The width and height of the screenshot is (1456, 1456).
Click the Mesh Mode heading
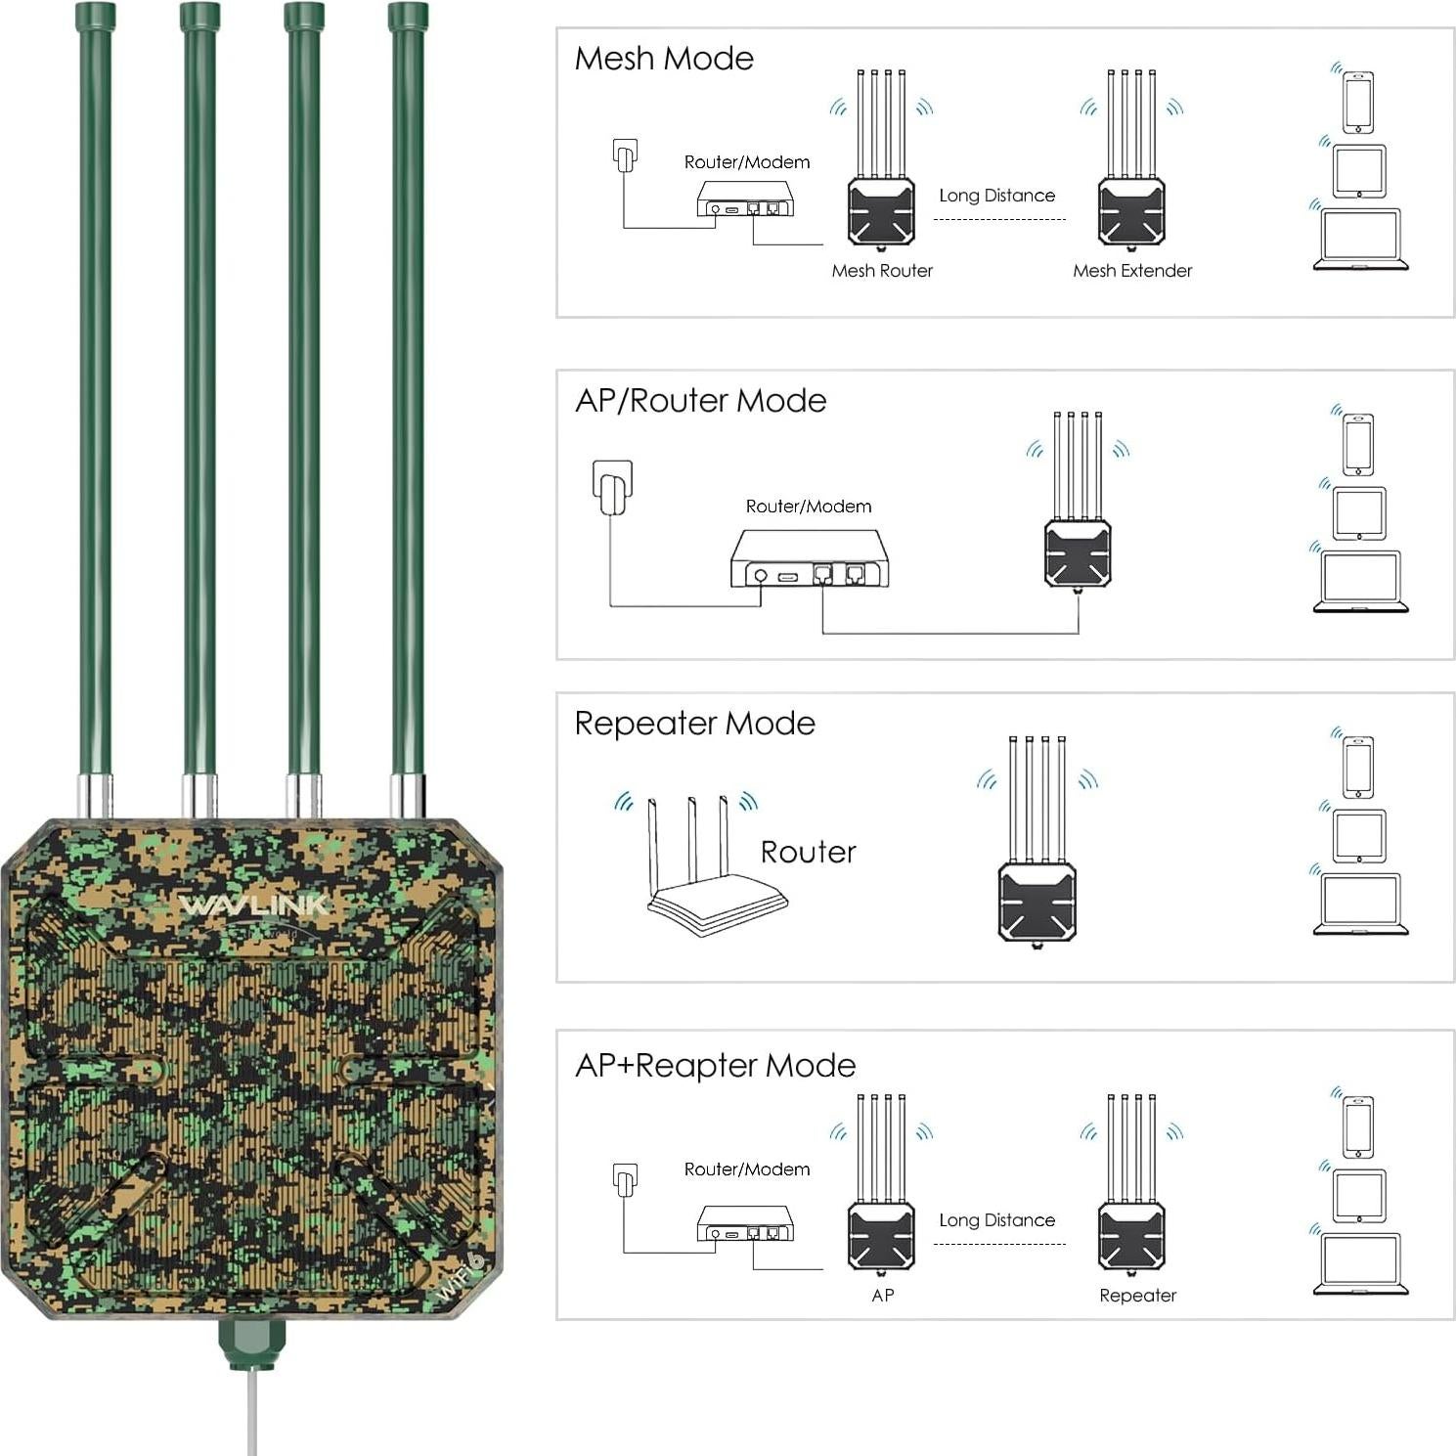pyautogui.click(x=664, y=59)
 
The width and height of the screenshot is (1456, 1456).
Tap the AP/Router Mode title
pyautogui.click(x=700, y=401)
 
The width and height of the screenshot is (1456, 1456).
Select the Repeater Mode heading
pyautogui.click(x=694, y=724)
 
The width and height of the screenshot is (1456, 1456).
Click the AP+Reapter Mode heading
pyautogui.click(x=715, y=1066)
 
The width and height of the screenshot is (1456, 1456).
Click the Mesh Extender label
pyautogui.click(x=1132, y=271)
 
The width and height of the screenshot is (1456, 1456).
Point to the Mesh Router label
pyautogui.click(x=882, y=271)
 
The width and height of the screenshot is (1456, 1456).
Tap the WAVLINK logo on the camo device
pyautogui.click(x=254, y=905)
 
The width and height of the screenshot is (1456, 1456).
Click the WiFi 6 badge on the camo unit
pyautogui.click(x=462, y=1276)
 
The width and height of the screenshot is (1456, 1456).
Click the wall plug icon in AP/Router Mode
pyautogui.click(x=613, y=487)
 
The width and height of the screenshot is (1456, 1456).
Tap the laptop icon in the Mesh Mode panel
pyautogui.click(x=1360, y=240)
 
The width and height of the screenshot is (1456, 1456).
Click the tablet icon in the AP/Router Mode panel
pyautogui.click(x=1359, y=512)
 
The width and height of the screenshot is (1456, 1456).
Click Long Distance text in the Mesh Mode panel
pyautogui.click(x=996, y=196)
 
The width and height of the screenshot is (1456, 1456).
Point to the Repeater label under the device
pyautogui.click(x=1137, y=1296)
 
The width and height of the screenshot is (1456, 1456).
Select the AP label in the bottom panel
pyautogui.click(x=882, y=1296)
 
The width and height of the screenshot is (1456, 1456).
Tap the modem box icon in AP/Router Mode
pyautogui.click(x=810, y=560)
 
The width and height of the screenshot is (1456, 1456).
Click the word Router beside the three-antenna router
pyautogui.click(x=808, y=853)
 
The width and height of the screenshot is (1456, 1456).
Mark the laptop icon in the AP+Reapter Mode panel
pyautogui.click(x=1360, y=1264)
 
